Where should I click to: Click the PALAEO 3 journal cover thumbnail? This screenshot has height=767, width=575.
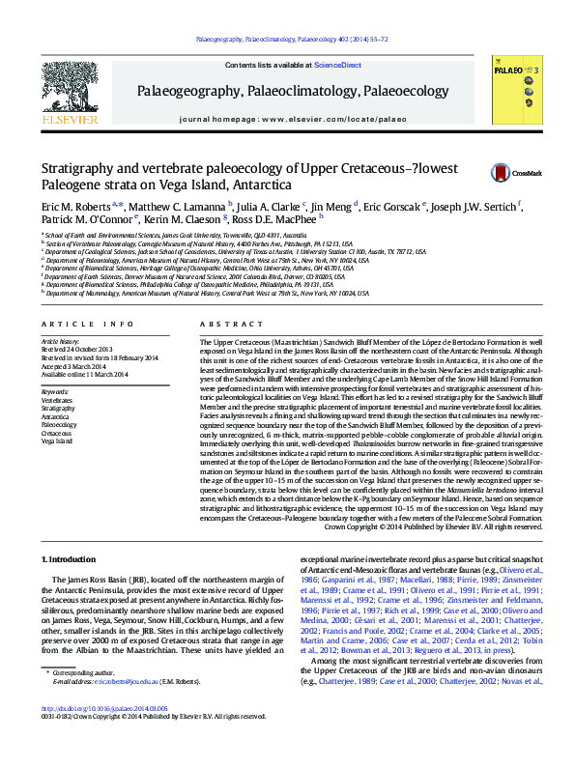(516, 89)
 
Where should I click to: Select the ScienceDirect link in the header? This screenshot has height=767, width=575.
(336, 66)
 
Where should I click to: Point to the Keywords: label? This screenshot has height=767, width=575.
(56, 391)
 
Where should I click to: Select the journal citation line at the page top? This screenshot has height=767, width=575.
(293, 40)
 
